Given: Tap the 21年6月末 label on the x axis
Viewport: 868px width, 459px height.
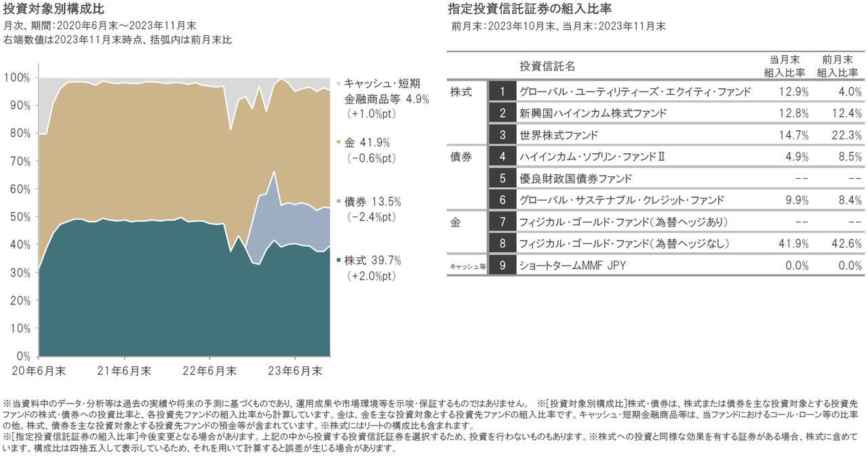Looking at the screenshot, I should (125, 371).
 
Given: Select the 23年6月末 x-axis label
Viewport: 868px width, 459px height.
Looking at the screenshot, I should (295, 371).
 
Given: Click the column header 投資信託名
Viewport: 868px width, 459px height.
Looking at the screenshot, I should (547, 66).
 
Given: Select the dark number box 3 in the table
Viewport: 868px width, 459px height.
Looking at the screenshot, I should (502, 135).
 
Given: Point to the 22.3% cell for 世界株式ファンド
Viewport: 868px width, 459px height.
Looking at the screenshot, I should (847, 135).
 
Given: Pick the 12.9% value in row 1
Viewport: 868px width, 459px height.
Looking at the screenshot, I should (794, 92).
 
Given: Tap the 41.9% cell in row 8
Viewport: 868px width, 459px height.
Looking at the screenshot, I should (794, 243).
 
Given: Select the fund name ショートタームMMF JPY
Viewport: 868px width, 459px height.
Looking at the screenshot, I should (572, 265).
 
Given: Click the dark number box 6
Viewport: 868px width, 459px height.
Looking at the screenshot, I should (502, 200).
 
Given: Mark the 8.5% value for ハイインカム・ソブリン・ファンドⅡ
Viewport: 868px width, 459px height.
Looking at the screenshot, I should (848, 157).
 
